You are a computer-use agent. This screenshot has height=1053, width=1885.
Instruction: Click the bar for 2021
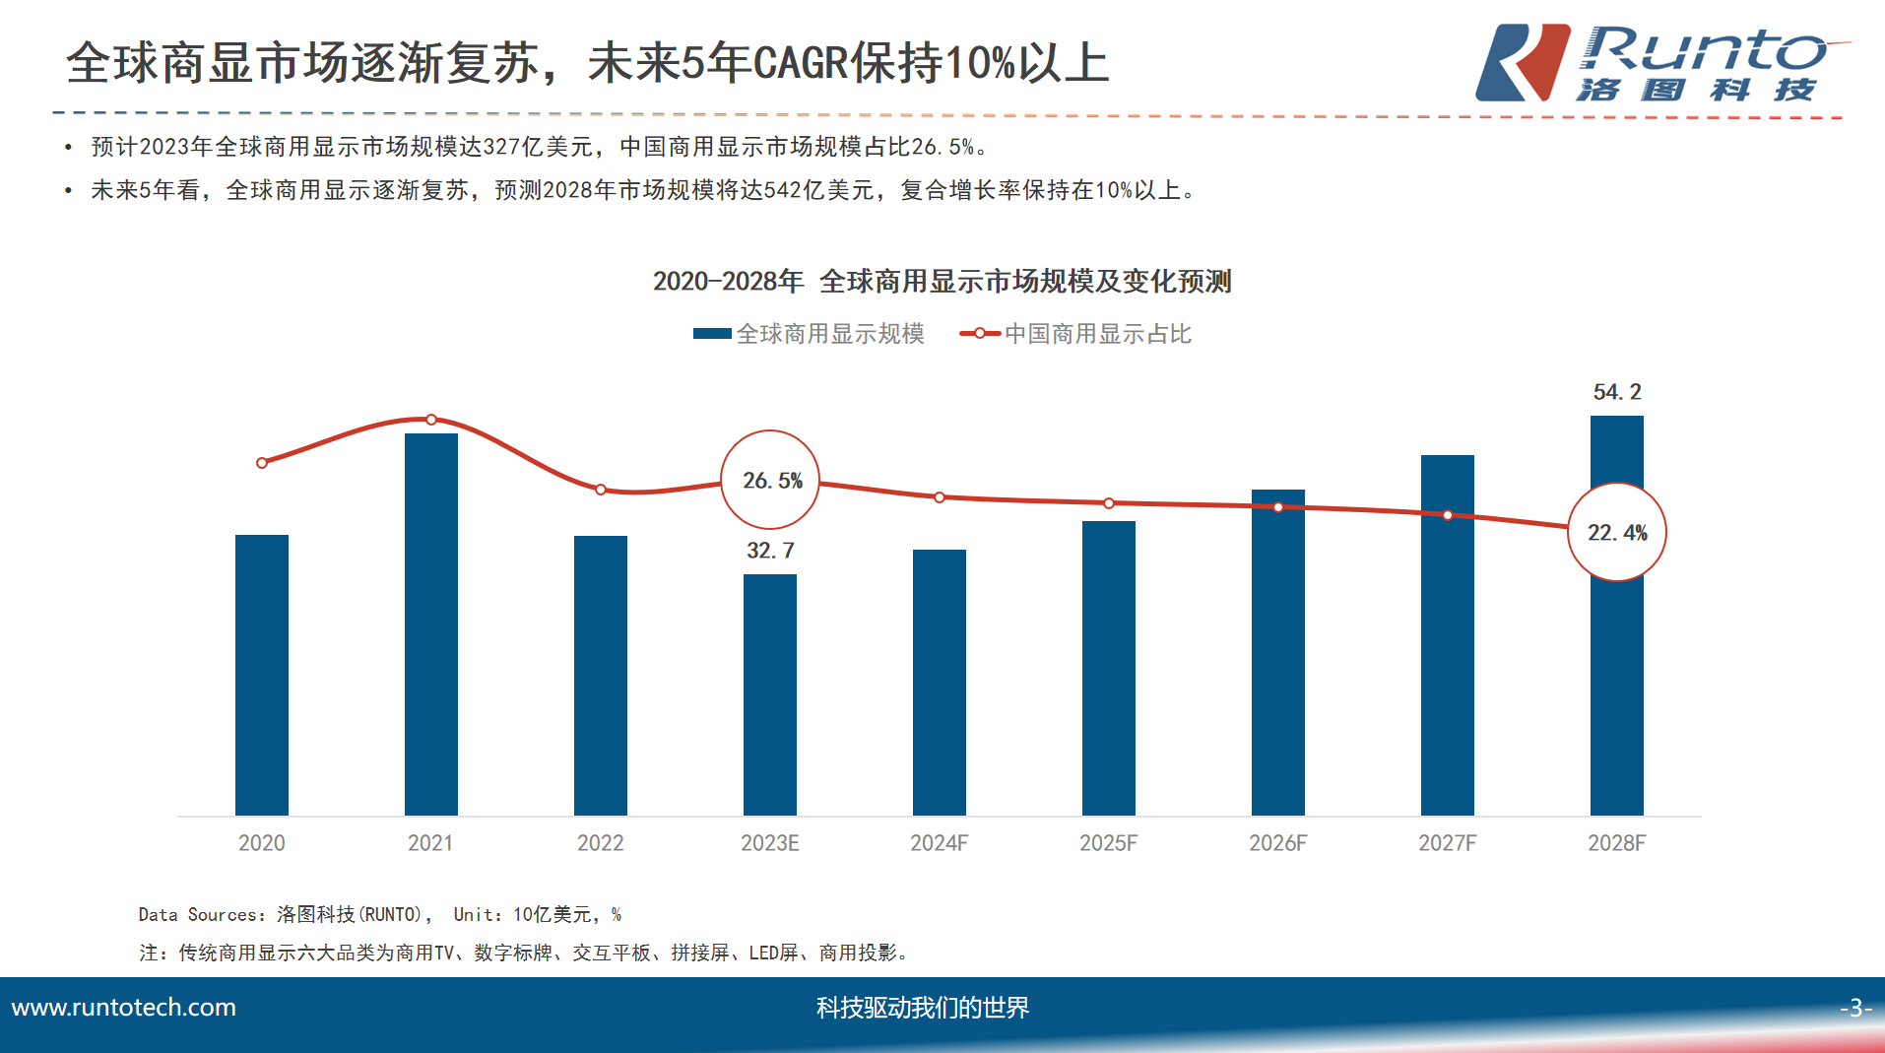click(431, 625)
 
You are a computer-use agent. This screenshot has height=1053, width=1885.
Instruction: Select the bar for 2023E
click(770, 694)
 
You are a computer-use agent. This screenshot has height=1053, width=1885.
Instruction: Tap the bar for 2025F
click(1109, 668)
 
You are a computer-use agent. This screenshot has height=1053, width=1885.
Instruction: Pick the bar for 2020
click(262, 675)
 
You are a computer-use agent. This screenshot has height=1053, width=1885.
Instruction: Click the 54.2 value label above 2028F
click(1617, 392)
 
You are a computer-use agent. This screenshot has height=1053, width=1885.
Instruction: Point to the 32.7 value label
click(770, 551)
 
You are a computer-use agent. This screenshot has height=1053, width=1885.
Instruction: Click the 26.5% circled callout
click(771, 481)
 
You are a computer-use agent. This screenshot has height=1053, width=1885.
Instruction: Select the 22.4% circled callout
click(1617, 533)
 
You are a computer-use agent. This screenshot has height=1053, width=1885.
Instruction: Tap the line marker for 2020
click(262, 463)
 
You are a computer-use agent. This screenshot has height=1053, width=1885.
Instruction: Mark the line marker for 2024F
click(940, 497)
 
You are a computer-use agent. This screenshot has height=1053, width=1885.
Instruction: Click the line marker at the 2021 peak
click(431, 420)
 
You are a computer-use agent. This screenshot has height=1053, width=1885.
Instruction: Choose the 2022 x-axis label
click(601, 843)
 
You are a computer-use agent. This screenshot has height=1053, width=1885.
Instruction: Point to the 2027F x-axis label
click(1448, 843)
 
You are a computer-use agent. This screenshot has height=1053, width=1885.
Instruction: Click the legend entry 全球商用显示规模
click(810, 334)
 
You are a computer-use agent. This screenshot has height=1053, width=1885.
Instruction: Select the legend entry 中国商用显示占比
click(1076, 334)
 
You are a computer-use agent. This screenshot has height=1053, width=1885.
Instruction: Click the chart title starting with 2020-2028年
click(942, 282)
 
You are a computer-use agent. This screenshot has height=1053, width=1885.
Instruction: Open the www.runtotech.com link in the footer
click(124, 1008)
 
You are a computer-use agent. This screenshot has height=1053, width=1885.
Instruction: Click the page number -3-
click(1854, 1008)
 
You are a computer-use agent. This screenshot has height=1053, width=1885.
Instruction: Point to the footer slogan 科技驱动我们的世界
click(923, 1008)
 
